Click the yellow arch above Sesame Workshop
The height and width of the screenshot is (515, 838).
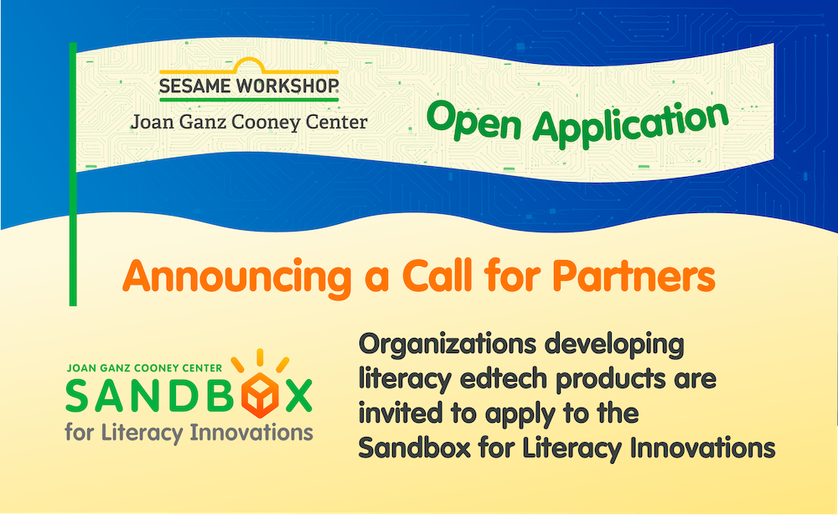(249, 65)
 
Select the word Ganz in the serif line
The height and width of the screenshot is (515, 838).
(204, 122)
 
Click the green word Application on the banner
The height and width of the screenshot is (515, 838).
(631, 124)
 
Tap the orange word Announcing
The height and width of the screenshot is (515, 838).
(237, 278)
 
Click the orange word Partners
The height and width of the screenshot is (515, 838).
(634, 276)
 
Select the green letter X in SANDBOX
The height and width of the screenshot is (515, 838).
(298, 396)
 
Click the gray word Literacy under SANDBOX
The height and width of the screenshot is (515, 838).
(142, 432)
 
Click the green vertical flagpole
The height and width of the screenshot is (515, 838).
(73, 174)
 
